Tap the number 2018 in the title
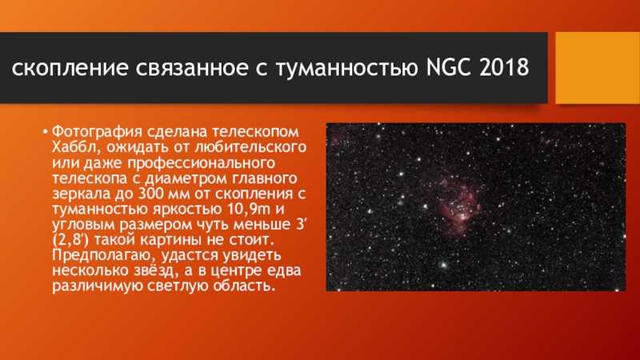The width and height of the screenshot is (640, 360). [x=505, y=67]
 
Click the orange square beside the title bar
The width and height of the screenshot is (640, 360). [x=598, y=68]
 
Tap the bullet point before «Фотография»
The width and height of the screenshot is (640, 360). [x=45, y=132]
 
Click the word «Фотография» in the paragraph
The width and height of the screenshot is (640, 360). [x=97, y=133]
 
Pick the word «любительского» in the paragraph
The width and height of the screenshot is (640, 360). [x=250, y=148]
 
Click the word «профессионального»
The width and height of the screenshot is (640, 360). [x=202, y=163]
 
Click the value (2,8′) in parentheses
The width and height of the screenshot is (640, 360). [x=70, y=240]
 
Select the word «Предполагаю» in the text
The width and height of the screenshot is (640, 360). [x=105, y=256]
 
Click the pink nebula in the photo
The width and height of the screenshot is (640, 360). [x=458, y=204]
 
